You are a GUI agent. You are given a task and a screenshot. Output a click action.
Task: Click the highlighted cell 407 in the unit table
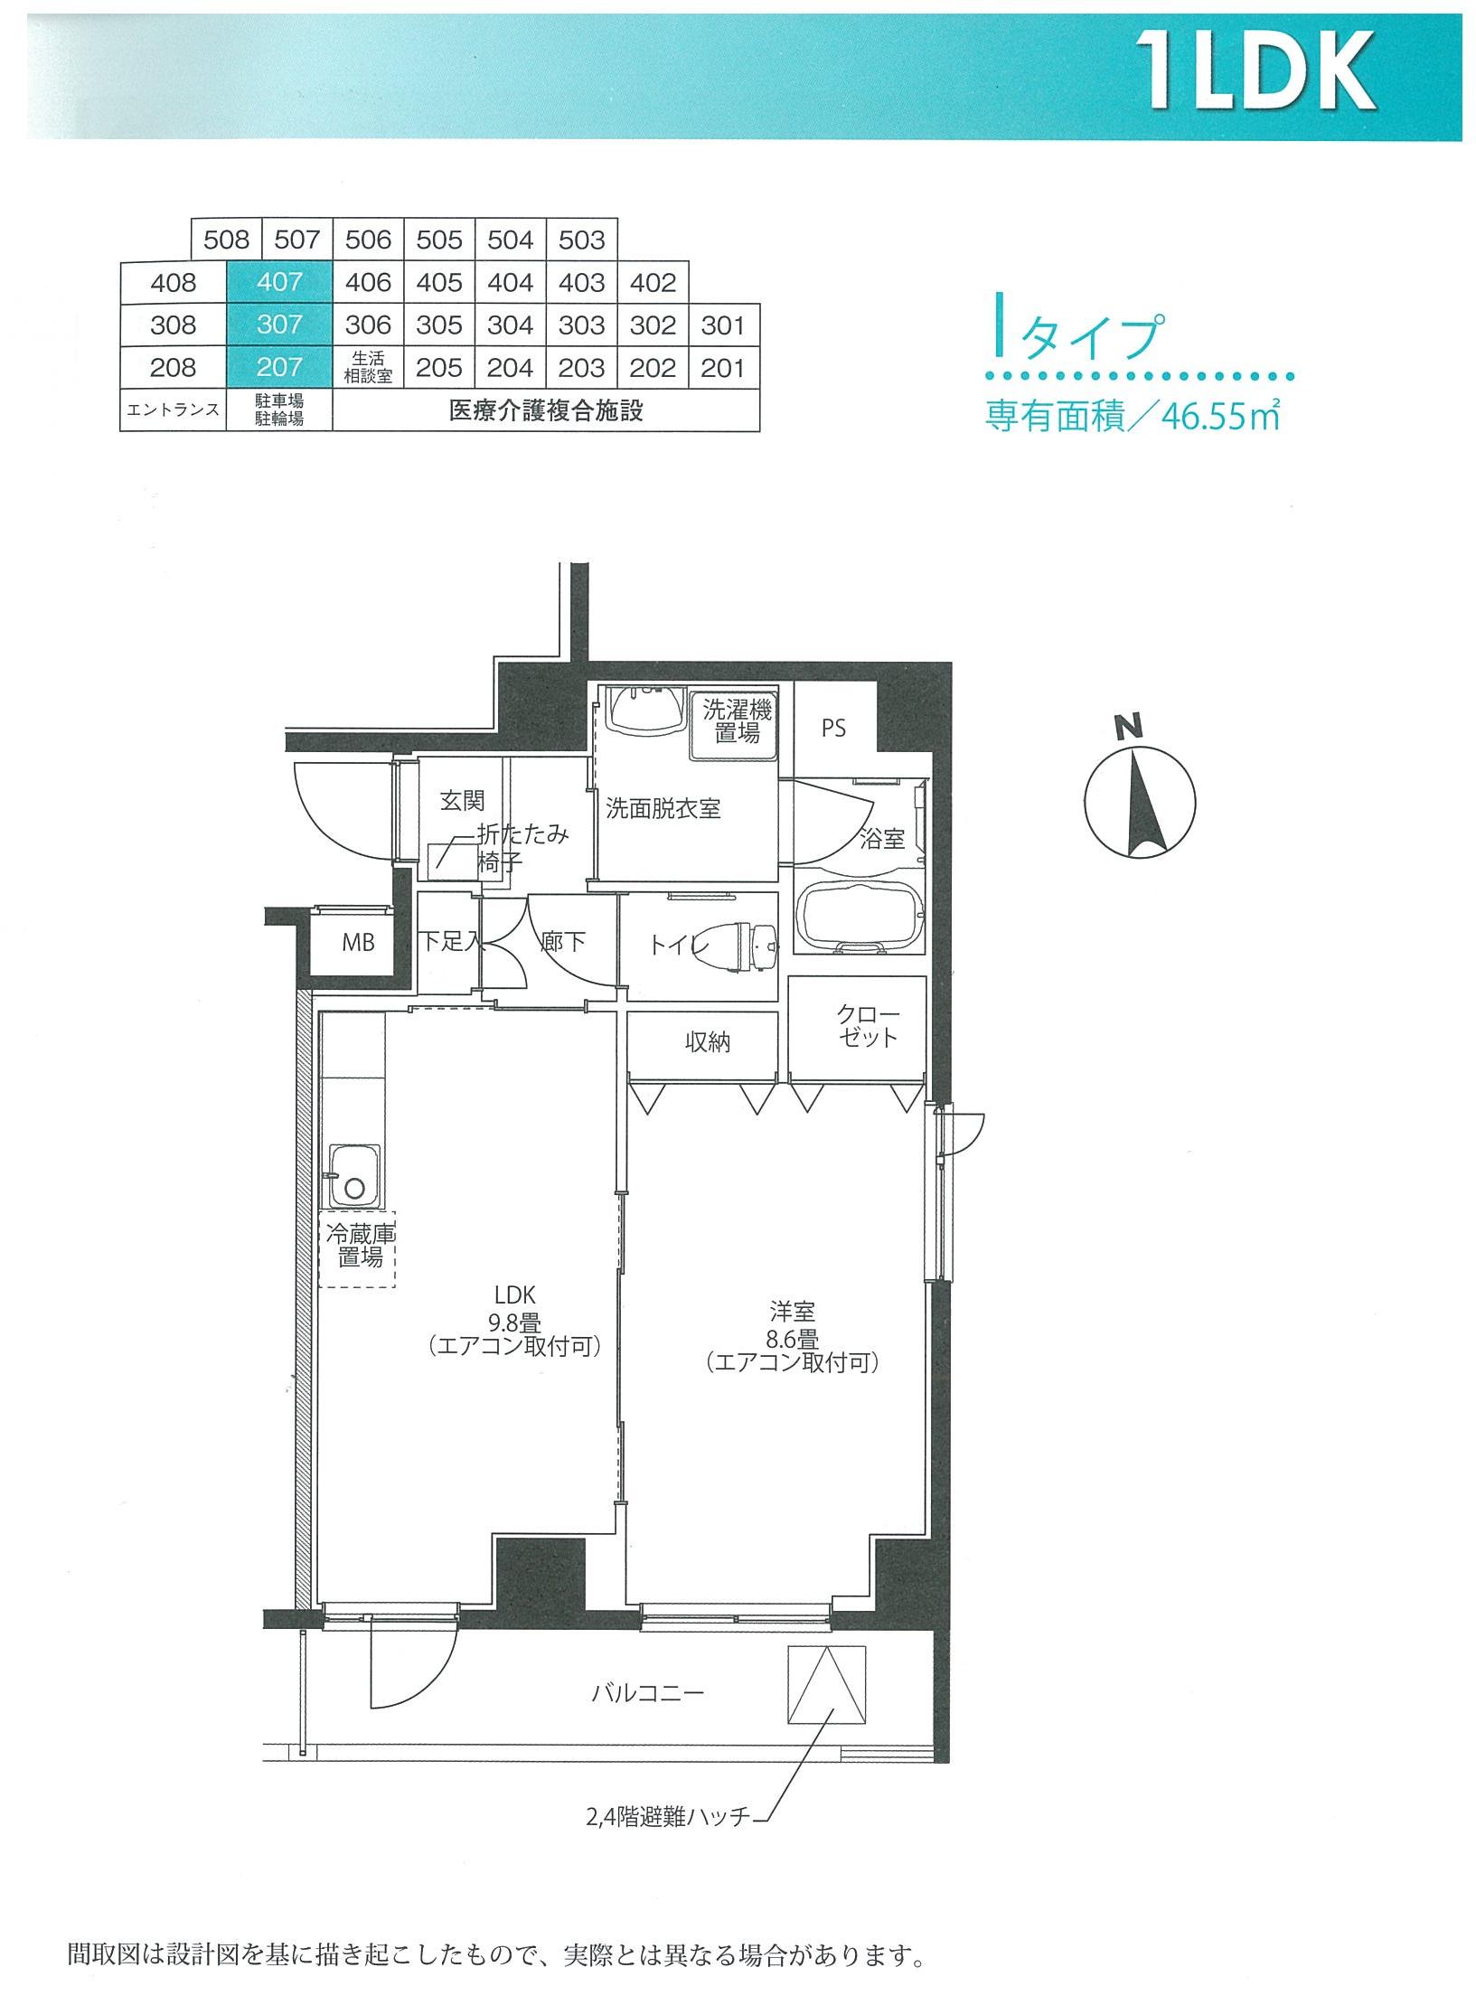[x=279, y=282]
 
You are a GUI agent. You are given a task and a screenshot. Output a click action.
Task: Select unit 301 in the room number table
[x=723, y=325]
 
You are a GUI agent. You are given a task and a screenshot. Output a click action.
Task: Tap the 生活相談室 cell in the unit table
[x=368, y=368]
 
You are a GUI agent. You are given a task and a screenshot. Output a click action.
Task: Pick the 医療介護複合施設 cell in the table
[x=546, y=410]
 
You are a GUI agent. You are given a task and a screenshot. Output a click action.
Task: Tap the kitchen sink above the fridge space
[x=354, y=1175]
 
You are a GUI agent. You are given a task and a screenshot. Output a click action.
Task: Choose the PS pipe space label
[x=834, y=728]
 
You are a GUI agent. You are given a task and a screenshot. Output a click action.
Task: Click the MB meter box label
[x=358, y=943]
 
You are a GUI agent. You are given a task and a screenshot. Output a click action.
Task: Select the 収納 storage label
[x=706, y=1042]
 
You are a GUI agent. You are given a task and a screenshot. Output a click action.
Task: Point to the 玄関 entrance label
[x=462, y=800]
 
